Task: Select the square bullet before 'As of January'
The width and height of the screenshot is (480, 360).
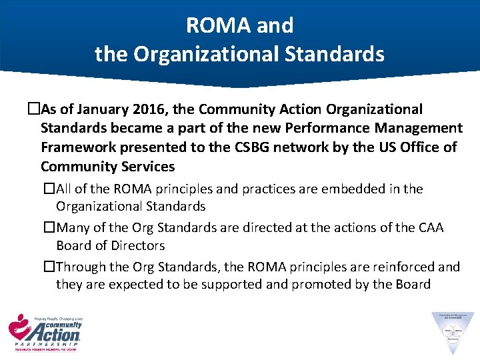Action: click(x=35, y=109)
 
